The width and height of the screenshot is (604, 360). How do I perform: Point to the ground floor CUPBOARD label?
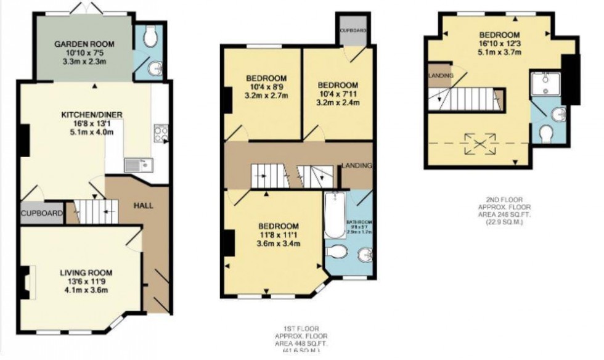pos(42,213)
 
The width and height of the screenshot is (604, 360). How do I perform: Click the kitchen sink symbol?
pos(137,165)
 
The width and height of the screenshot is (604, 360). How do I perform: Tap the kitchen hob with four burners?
pos(161,134)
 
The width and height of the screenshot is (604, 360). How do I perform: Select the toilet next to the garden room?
pos(148,39)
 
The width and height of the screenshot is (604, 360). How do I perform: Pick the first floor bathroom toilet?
pos(337,252)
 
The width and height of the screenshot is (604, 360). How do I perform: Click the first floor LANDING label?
pos(357,165)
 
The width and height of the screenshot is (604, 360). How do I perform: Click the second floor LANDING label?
pos(440,75)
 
